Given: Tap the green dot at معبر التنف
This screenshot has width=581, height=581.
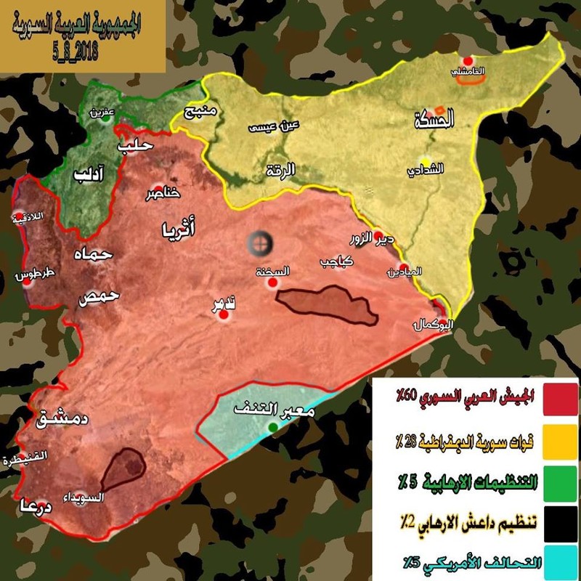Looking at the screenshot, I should pos(272,427).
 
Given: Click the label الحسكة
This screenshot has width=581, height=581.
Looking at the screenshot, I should pos(434,121).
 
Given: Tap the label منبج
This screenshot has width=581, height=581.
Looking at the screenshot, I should pos(200,113).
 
